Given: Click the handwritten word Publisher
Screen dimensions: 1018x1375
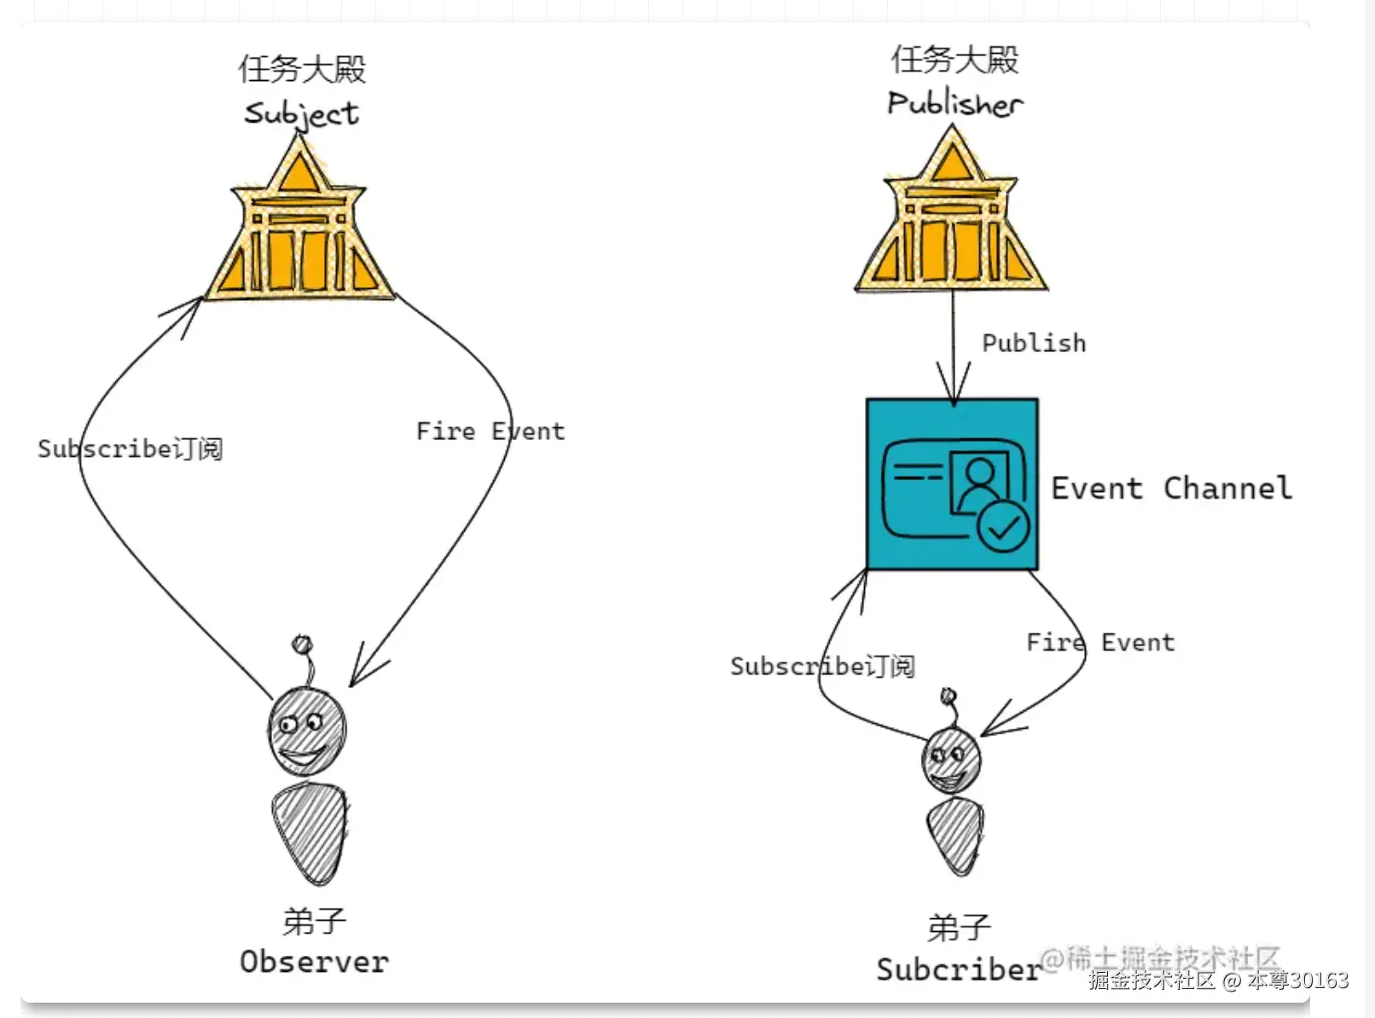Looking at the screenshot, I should click(954, 103).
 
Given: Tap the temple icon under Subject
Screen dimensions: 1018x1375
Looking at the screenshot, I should click(299, 231).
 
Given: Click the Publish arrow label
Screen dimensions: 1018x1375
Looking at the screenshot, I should click(1034, 343).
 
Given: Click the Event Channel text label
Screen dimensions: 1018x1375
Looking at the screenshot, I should click(1171, 488).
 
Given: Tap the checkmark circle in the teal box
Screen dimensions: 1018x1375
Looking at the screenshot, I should click(1003, 528).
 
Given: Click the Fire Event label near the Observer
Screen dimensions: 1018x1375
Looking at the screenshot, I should click(490, 431).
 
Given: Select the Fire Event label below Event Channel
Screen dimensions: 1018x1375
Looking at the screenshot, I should click(1100, 642).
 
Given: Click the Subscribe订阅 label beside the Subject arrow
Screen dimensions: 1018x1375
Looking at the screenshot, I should click(130, 448).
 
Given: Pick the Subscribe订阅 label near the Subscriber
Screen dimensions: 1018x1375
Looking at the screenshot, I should click(822, 666).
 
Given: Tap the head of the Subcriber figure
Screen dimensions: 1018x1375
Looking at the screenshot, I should click(951, 759).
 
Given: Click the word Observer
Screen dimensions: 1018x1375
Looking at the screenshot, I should click(314, 962).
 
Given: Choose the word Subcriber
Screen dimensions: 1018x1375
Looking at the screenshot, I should click(958, 969).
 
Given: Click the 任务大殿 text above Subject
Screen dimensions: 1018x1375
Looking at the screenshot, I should click(302, 69).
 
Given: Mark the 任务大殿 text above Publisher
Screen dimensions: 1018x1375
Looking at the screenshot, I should click(954, 60).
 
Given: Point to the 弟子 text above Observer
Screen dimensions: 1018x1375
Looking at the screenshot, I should click(314, 922).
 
